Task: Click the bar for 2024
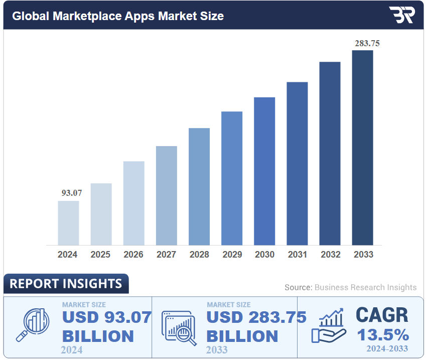point(68,223)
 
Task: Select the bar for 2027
point(166,195)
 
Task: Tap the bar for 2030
point(264,171)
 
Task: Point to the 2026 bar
point(133,203)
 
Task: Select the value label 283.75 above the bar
point(367,43)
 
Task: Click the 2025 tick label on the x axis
point(100,255)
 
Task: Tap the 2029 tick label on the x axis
point(232,255)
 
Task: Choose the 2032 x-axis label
point(330,255)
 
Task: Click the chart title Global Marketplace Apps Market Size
point(118,16)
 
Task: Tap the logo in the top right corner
point(401,15)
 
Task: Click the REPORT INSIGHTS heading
point(66,284)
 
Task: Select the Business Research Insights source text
point(365,287)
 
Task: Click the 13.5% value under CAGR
point(382,334)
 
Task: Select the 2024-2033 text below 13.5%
point(386,348)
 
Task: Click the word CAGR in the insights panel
point(382,315)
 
